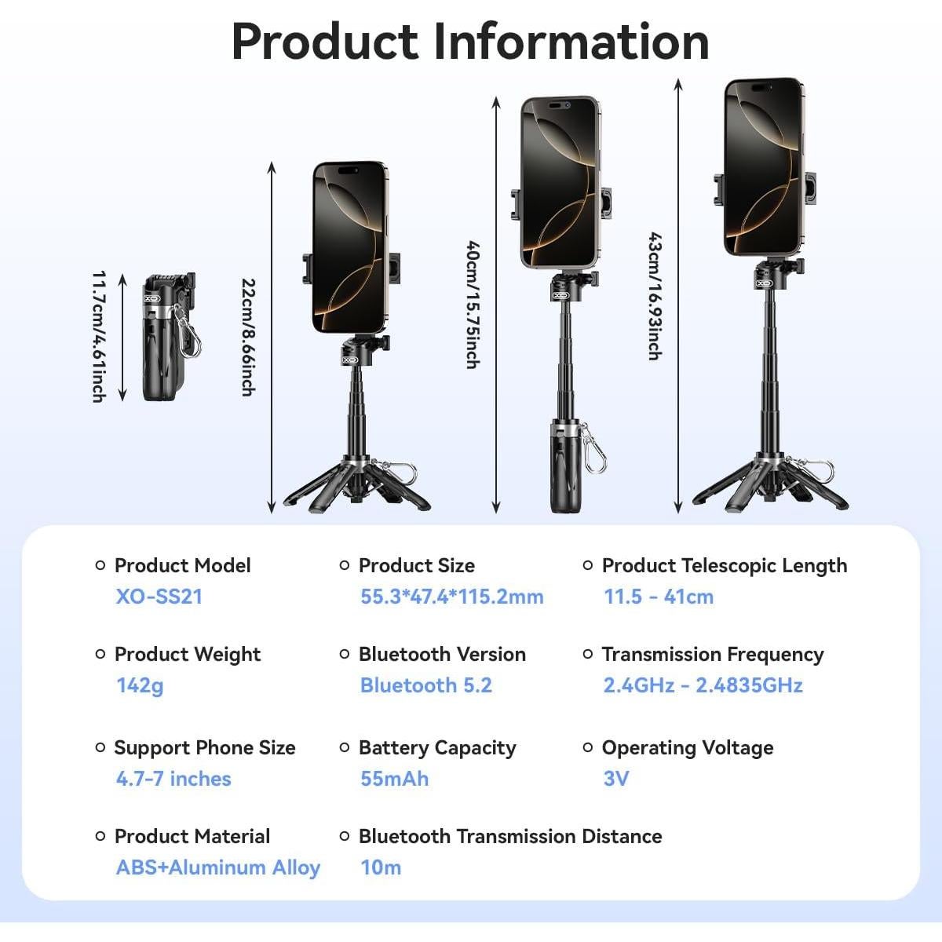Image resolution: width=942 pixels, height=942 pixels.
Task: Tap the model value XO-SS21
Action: [159, 597]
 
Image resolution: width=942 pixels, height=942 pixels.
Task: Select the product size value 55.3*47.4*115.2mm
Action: [451, 597]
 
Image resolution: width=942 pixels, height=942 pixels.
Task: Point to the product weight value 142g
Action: [140, 685]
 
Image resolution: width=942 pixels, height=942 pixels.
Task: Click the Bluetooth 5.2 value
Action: [425, 685]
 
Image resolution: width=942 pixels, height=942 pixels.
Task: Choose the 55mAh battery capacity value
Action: [395, 779]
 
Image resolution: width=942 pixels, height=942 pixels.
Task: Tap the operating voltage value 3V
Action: [616, 779]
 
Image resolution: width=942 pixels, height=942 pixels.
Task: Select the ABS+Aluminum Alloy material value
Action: [218, 867]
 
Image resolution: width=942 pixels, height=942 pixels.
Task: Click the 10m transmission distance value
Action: [381, 867]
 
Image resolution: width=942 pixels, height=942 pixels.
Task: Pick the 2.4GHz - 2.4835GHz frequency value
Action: [703, 685]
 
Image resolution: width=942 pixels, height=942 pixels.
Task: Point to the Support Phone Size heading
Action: [205, 748]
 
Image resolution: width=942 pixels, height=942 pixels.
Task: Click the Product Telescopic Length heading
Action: [725, 565]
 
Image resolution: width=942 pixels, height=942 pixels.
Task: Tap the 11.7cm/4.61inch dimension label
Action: [99, 337]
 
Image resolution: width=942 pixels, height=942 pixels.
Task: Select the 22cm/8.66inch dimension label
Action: [249, 338]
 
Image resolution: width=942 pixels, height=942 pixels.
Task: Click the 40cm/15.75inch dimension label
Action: [473, 304]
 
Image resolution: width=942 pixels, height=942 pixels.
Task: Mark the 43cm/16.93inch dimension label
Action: [655, 296]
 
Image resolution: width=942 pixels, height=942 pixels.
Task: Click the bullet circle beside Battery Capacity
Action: [345, 747]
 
